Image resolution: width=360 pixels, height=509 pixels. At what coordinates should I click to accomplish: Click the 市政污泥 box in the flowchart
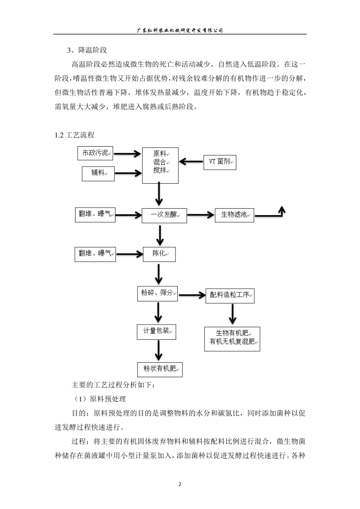95,153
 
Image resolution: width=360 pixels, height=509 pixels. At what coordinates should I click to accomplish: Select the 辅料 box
98,173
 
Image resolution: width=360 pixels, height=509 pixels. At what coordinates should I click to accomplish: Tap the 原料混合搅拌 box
160,166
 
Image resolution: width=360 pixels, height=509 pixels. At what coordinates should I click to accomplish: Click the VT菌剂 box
220,162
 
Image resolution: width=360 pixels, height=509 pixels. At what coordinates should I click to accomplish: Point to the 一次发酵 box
164,215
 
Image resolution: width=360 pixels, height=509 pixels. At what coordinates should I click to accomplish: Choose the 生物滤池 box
234,215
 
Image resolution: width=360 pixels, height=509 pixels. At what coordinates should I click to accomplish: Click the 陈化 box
159,254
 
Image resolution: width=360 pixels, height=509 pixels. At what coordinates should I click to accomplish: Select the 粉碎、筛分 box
157,294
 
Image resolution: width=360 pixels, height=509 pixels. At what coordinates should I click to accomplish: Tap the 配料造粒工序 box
230,295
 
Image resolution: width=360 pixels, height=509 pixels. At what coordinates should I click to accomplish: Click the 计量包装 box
157,331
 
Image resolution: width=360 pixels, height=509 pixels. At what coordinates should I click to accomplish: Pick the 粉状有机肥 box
160,369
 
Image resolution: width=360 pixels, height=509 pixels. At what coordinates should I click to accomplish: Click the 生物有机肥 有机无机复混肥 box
232,339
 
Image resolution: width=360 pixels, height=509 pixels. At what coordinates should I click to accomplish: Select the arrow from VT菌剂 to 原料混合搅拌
191,162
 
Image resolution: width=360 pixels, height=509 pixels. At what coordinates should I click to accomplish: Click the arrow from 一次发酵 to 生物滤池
200,215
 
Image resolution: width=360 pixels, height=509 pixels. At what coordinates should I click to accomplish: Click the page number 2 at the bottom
180,484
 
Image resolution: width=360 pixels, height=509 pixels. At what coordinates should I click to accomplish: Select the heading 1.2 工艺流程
75,135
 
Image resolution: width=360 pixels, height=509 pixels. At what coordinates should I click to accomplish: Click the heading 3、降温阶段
87,50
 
